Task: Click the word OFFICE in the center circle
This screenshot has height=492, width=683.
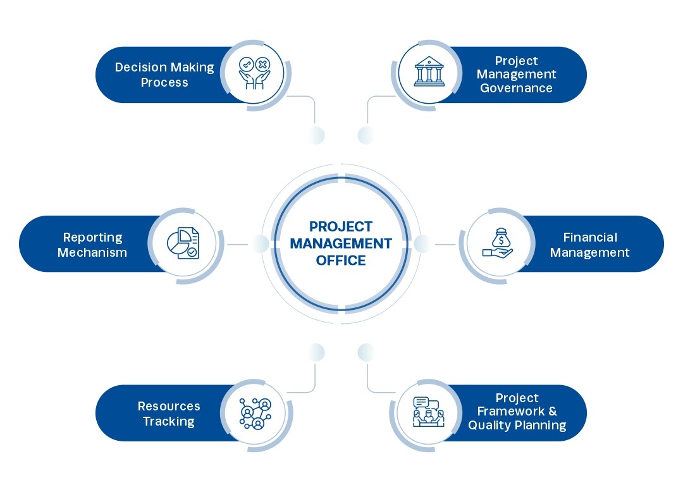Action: [341, 261]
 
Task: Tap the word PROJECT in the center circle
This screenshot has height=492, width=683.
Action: [341, 226]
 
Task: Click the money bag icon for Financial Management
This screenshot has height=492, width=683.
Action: [498, 243]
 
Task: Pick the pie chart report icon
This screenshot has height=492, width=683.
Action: [183, 243]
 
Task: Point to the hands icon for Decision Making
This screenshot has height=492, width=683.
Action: [255, 73]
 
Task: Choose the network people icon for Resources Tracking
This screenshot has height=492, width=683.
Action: [255, 413]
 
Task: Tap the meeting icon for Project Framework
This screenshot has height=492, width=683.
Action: [429, 412]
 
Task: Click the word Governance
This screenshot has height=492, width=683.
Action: [516, 88]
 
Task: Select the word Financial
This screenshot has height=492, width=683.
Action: [590, 237]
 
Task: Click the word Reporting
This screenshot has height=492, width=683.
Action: [93, 238]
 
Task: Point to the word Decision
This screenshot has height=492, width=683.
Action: [140, 68]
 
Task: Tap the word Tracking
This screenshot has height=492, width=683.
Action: [169, 422]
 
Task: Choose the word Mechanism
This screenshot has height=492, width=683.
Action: [92, 252]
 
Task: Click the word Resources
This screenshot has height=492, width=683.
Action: [169, 406]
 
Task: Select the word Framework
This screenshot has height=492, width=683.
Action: [511, 412]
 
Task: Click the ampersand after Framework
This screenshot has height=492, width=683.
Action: [553, 412]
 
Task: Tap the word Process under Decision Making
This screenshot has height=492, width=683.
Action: [164, 83]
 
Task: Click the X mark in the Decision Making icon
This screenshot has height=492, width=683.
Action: [262, 65]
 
